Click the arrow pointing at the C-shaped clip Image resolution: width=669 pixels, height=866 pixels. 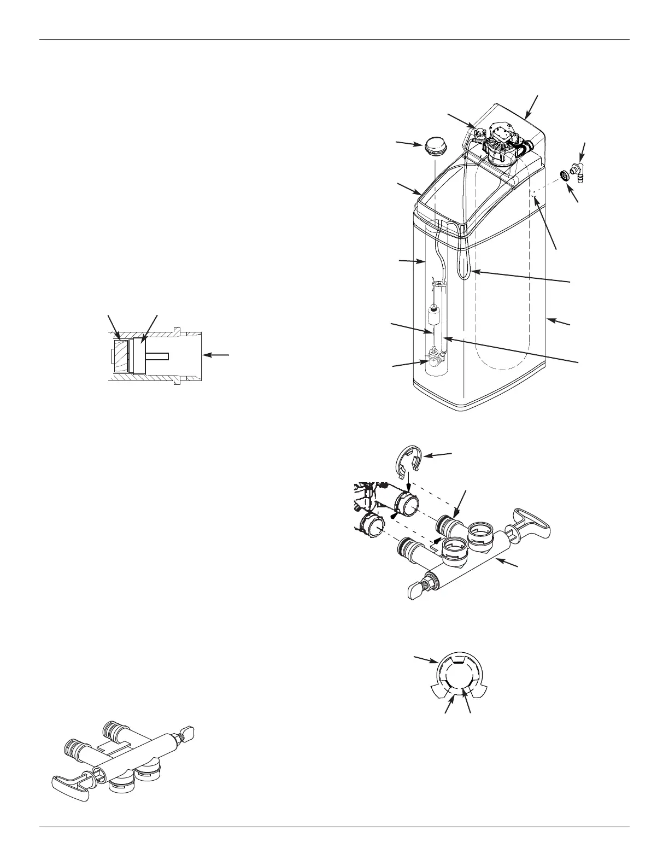439,455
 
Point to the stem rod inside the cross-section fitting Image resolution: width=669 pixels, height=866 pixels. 158,356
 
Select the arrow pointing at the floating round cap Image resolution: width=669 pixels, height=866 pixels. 407,144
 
